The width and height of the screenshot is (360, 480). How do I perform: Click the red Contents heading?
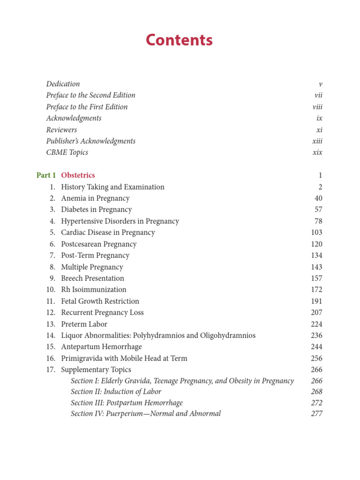[179, 40]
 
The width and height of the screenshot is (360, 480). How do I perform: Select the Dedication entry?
[63, 84]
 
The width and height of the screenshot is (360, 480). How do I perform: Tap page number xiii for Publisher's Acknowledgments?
[317, 141]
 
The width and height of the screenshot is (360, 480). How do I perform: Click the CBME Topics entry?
[67, 152]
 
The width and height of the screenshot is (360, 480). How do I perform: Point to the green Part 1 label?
[46, 175]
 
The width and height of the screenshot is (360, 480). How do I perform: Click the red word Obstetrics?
[78, 175]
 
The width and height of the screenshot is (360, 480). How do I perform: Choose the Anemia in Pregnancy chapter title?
[95, 198]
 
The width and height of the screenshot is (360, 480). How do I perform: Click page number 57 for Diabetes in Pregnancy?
[318, 210]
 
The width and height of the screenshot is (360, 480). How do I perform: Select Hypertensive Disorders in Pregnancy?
[120, 221]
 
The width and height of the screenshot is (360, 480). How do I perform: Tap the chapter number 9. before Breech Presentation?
[53, 278]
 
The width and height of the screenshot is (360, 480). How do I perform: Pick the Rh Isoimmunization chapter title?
[94, 290]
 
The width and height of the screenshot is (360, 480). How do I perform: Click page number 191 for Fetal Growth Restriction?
[316, 301]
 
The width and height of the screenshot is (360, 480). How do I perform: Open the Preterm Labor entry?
[84, 324]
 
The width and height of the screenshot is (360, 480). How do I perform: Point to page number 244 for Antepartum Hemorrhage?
[316, 347]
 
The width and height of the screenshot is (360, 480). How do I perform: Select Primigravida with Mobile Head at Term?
[124, 359]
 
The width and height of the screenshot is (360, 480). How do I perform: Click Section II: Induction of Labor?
[116, 392]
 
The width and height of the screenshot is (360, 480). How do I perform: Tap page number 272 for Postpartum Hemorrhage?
[316, 403]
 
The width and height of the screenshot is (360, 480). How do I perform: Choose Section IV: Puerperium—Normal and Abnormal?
[146, 414]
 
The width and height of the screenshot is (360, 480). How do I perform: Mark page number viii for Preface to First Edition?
[317, 107]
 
